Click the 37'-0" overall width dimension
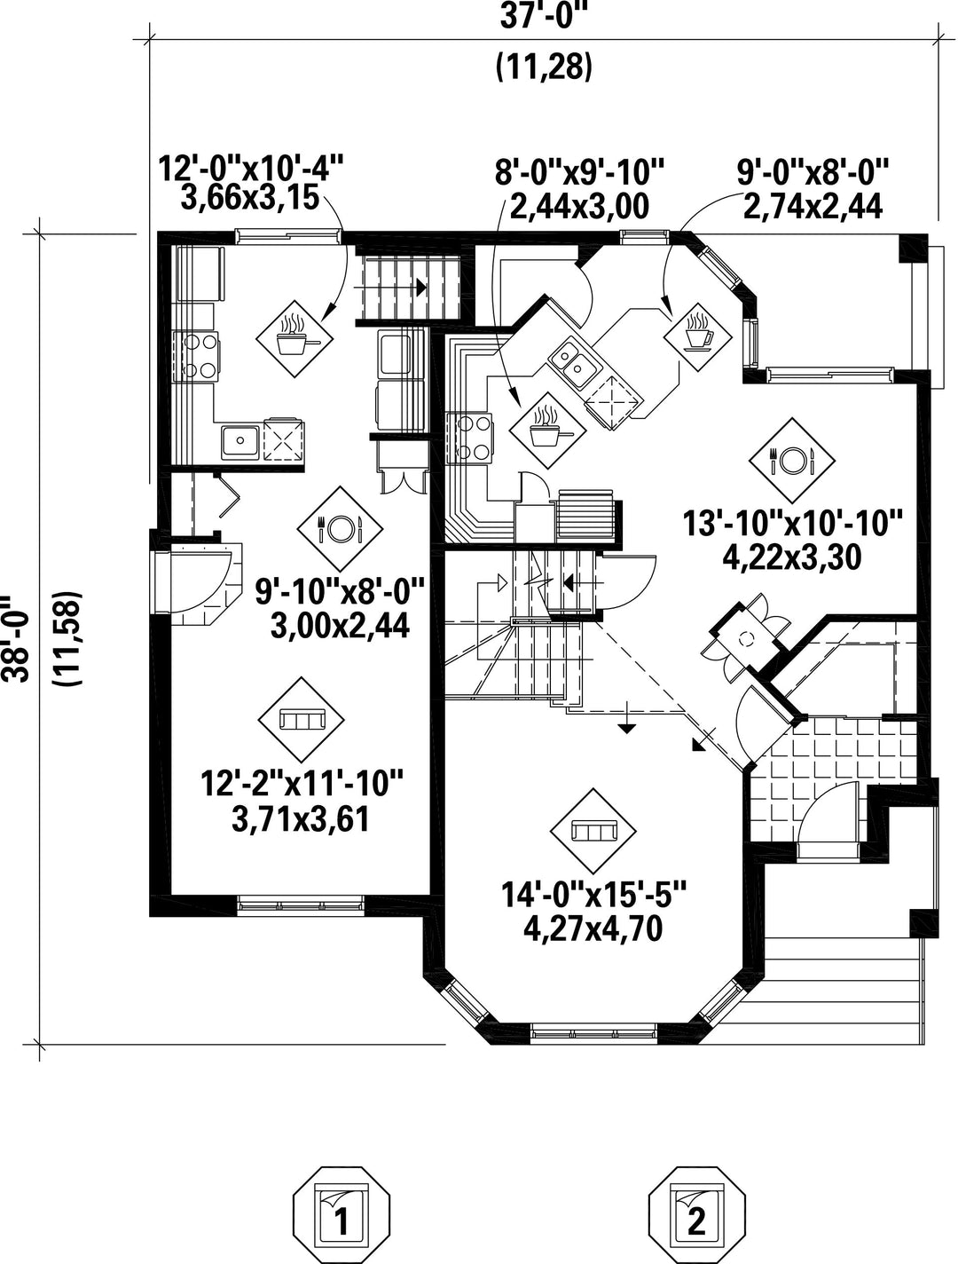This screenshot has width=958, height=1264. (x=545, y=16)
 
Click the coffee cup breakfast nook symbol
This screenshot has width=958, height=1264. (x=698, y=335)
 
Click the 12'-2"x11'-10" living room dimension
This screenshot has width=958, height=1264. (x=302, y=783)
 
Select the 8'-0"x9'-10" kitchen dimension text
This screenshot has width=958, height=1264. (x=579, y=171)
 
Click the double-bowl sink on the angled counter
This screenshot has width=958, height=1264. (x=575, y=363)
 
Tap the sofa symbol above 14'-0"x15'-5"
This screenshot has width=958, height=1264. (x=593, y=831)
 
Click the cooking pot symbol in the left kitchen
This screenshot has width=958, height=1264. (x=294, y=338)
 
